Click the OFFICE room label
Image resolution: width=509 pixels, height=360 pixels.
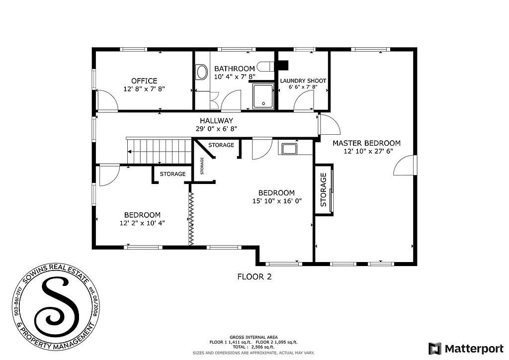pos(144,81)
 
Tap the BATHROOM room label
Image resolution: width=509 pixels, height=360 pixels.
pos(235,69)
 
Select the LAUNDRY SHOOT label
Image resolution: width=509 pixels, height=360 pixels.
pos(303,81)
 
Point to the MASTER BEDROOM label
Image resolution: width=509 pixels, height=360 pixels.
pos(366,143)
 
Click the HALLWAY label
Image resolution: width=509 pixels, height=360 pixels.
pos(216,120)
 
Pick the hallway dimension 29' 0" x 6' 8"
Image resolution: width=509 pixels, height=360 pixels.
pos(216,128)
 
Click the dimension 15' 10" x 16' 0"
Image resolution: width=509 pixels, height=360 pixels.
pos(276,201)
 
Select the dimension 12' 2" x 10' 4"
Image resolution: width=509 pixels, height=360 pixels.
pos(142,223)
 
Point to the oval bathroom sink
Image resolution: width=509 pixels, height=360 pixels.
pos(202,72)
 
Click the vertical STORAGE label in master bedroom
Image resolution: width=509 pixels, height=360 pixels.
pos(323,189)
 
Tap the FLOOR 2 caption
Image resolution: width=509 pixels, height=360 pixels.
pos(254,276)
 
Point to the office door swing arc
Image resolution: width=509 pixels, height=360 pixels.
pos(108,101)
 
